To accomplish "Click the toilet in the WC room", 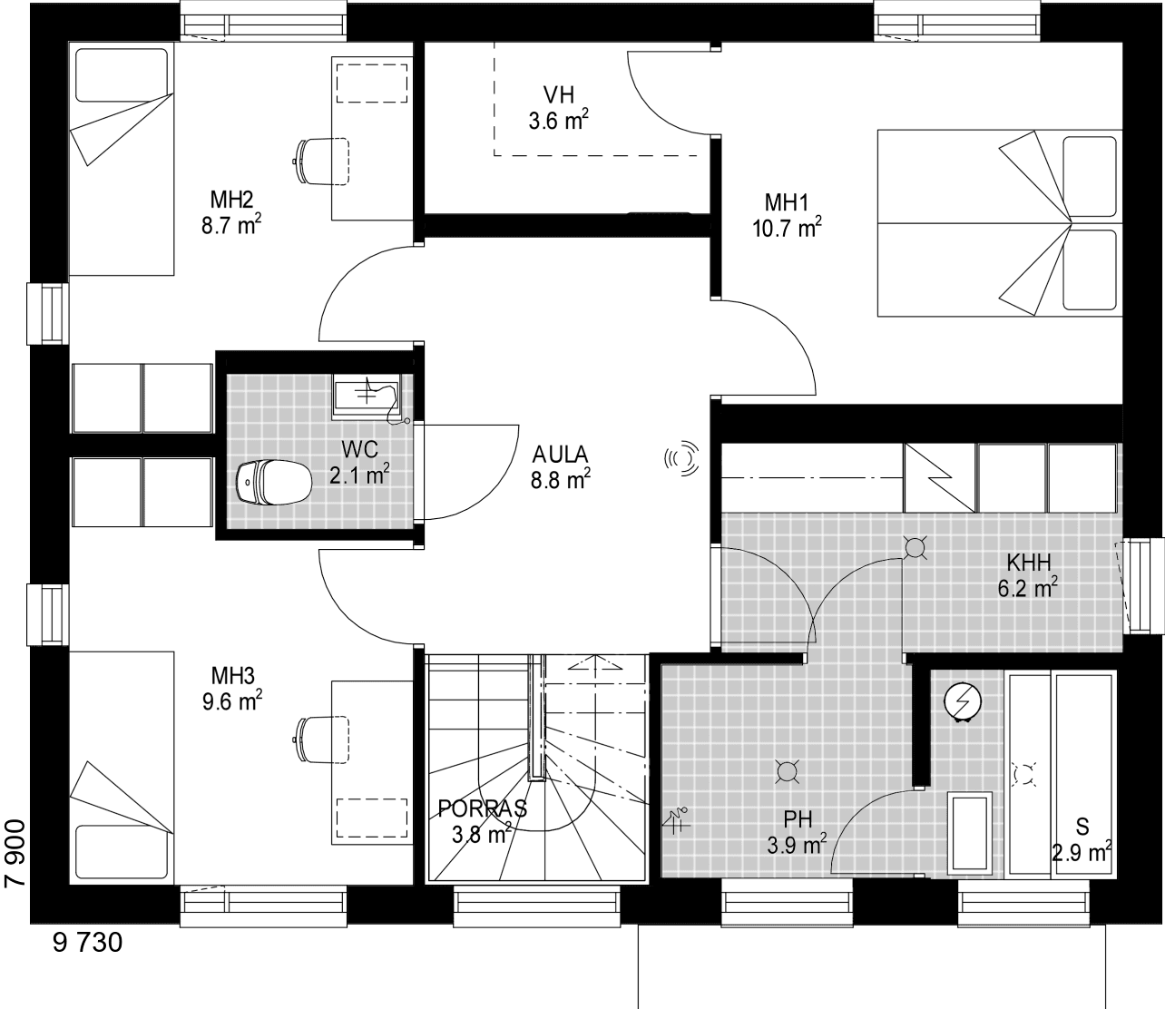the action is click(x=273, y=482).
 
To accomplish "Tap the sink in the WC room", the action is click(x=367, y=392).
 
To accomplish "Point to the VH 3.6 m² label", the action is click(x=559, y=108).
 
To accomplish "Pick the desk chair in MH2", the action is click(x=322, y=162).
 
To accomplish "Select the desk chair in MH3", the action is click(x=322, y=740).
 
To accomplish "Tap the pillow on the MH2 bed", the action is click(x=122, y=75).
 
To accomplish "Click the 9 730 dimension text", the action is click(x=87, y=942).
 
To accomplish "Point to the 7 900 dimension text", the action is click(x=15, y=854).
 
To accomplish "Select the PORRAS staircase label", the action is click(x=483, y=808).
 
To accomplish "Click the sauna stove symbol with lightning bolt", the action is click(x=963, y=701).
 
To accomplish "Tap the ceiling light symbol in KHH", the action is click(x=915, y=547).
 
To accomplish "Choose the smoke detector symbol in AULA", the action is click(x=682, y=458).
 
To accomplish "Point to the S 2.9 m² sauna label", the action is click(x=1082, y=839).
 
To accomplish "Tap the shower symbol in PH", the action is click(x=677, y=820).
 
